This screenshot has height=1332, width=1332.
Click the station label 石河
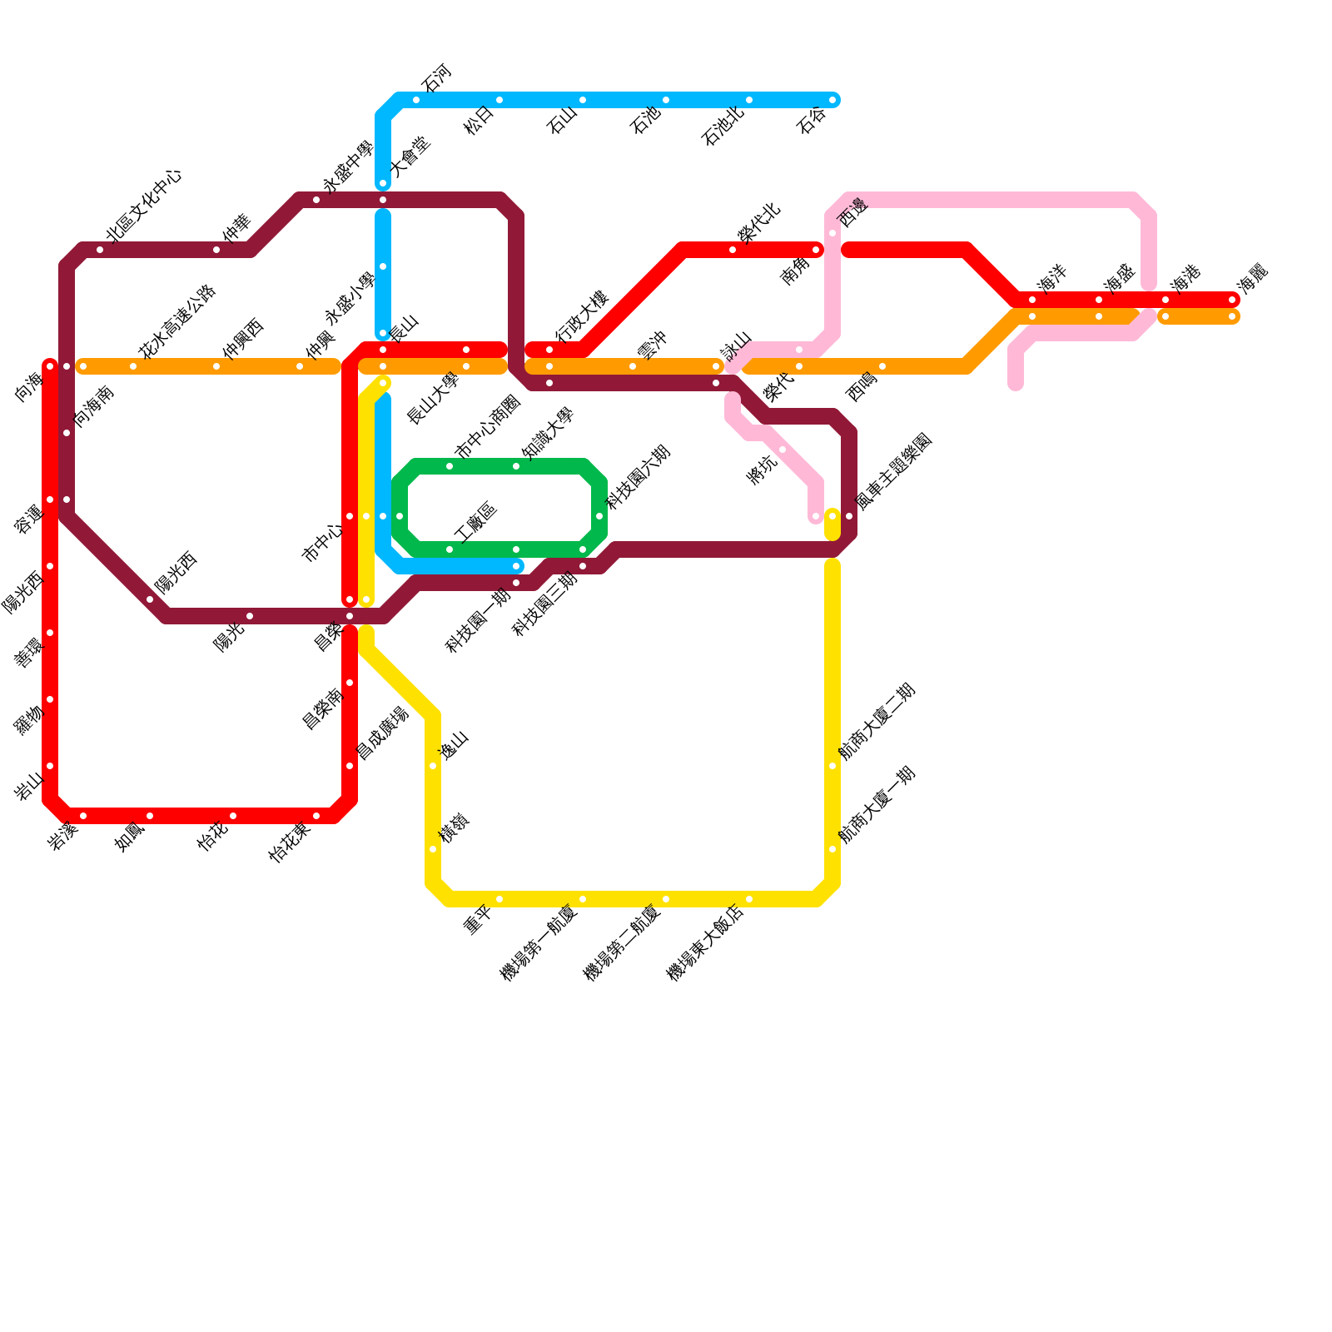pos(435,77)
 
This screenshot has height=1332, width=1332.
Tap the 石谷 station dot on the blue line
pos(832,101)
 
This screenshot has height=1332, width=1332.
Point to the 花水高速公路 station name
pos(177,321)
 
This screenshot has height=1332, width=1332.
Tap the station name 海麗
pos(1251,277)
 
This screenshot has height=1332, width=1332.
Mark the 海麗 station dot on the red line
pos(1232,300)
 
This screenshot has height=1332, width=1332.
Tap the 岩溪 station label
pos(62,837)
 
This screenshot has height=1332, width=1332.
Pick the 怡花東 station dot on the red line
pos(316,816)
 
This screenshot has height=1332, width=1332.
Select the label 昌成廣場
pos(382,733)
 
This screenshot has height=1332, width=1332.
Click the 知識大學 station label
pos(547,433)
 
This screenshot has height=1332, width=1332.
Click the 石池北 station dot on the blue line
pos(749,101)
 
